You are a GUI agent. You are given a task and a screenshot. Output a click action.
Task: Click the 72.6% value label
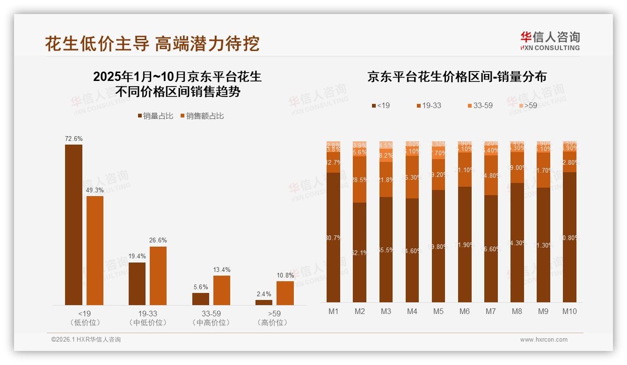click(73, 139)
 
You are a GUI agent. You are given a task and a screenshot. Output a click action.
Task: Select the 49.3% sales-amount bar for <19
click(95, 250)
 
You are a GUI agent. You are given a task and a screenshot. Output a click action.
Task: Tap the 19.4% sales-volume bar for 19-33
click(137, 284)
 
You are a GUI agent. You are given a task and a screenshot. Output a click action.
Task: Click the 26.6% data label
click(158, 240)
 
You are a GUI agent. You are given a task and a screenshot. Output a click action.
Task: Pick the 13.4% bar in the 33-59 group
click(222, 290)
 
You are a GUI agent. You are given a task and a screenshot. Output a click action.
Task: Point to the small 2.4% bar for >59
click(264, 302)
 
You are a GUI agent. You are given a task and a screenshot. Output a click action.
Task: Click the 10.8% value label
click(285, 275)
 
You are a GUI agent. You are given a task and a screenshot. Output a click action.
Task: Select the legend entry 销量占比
click(156, 116)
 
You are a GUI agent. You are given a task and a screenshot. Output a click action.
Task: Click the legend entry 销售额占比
click(202, 116)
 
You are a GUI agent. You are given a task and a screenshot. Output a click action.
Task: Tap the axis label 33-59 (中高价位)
click(211, 318)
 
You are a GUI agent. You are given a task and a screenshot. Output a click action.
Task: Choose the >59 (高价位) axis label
click(274, 318)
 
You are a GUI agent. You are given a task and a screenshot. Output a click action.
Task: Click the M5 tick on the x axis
click(438, 311)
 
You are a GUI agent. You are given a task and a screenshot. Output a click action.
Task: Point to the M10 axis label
click(569, 311)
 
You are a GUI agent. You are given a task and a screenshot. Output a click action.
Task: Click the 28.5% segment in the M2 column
click(360, 179)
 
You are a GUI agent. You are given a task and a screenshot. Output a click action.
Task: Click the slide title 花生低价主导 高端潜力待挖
click(152, 44)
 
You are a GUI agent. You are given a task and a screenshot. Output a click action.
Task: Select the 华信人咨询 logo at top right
click(550, 40)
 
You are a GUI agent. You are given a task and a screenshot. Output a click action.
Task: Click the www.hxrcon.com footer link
click(544, 340)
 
